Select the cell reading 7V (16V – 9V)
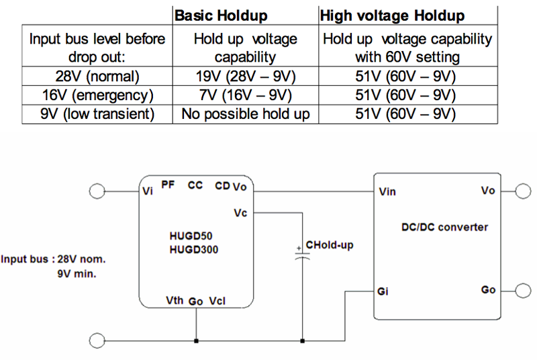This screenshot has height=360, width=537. pos(246,94)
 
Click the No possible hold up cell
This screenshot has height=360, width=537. pos(246,114)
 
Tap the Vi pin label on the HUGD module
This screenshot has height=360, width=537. pos(148,190)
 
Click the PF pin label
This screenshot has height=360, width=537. pos(168,185)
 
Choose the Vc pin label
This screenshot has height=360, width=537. pos(240,213)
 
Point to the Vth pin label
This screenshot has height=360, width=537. pos(175,300)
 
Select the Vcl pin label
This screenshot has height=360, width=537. pos(217,300)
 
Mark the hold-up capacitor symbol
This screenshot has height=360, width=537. pos(302,256)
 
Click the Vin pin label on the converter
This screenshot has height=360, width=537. pos(387,191)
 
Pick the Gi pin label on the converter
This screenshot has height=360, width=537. pos(383,292)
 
